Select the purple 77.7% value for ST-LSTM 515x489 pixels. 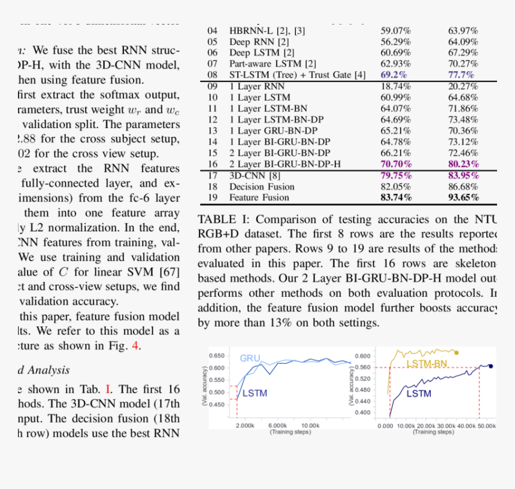462,75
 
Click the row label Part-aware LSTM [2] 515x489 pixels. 272,63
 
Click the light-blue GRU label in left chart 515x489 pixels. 250,359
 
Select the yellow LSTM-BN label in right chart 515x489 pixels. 426,364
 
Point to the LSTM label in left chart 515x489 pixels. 255,393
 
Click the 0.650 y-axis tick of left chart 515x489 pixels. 217,356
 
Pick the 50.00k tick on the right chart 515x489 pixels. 487,426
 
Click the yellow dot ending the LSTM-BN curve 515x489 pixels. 456,353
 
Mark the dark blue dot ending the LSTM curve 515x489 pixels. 491,366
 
